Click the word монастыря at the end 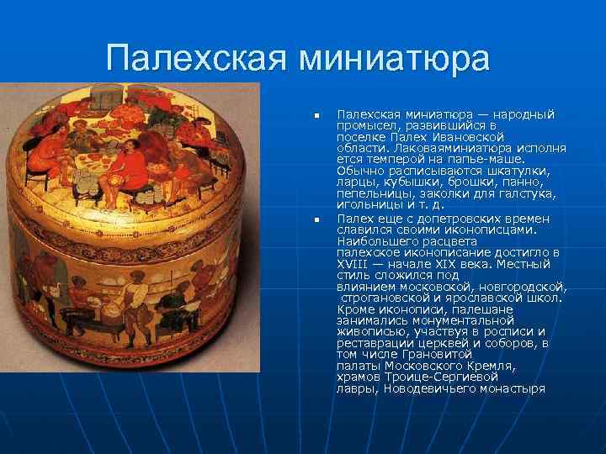click(514, 388)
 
